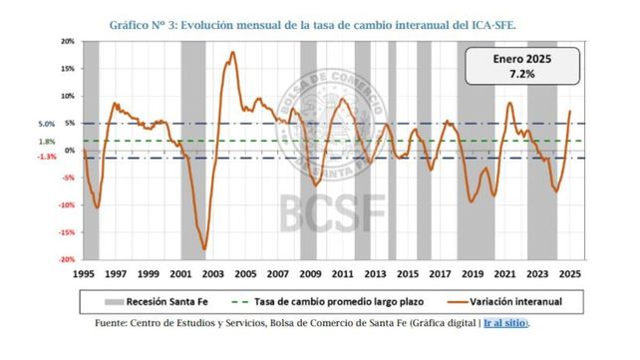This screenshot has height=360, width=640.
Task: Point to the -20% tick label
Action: [x=68, y=259]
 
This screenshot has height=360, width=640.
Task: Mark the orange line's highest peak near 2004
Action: [x=233, y=53]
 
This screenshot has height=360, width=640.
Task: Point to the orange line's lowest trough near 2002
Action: [x=204, y=248]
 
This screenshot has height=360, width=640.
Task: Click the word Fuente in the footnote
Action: [x=115, y=322]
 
